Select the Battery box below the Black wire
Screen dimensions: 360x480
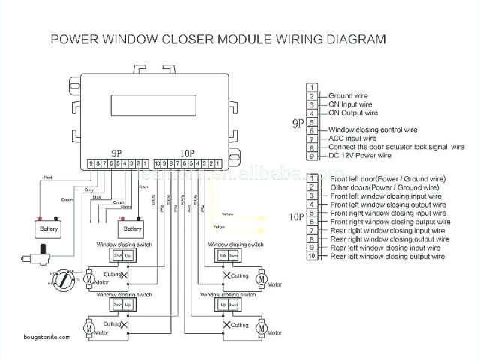coord(132,228)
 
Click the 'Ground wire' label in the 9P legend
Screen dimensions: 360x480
coord(350,96)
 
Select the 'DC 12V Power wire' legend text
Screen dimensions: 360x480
coord(361,155)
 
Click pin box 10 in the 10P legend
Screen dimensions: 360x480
coord(311,256)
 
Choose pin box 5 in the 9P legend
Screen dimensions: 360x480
coord(311,121)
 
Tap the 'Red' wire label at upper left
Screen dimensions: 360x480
coord(47,178)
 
